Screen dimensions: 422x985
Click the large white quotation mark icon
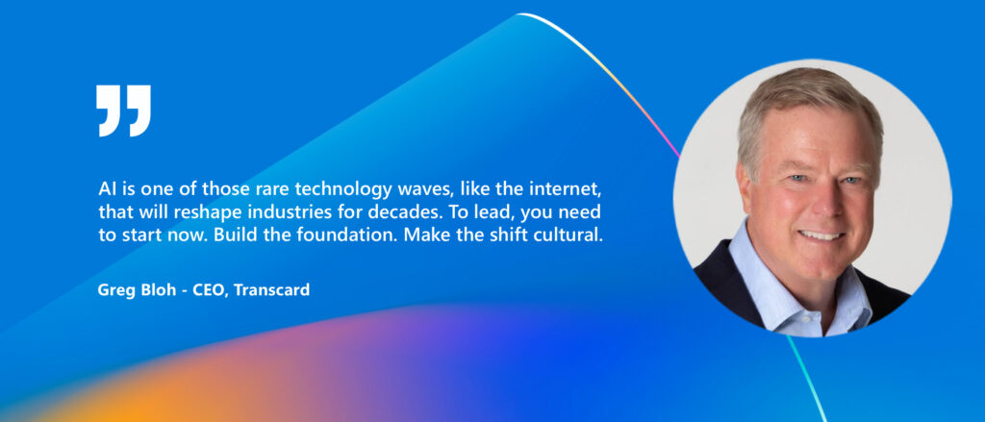click(x=124, y=110)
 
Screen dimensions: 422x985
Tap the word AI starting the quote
click(x=107, y=185)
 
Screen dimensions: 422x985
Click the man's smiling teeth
click(x=821, y=234)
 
